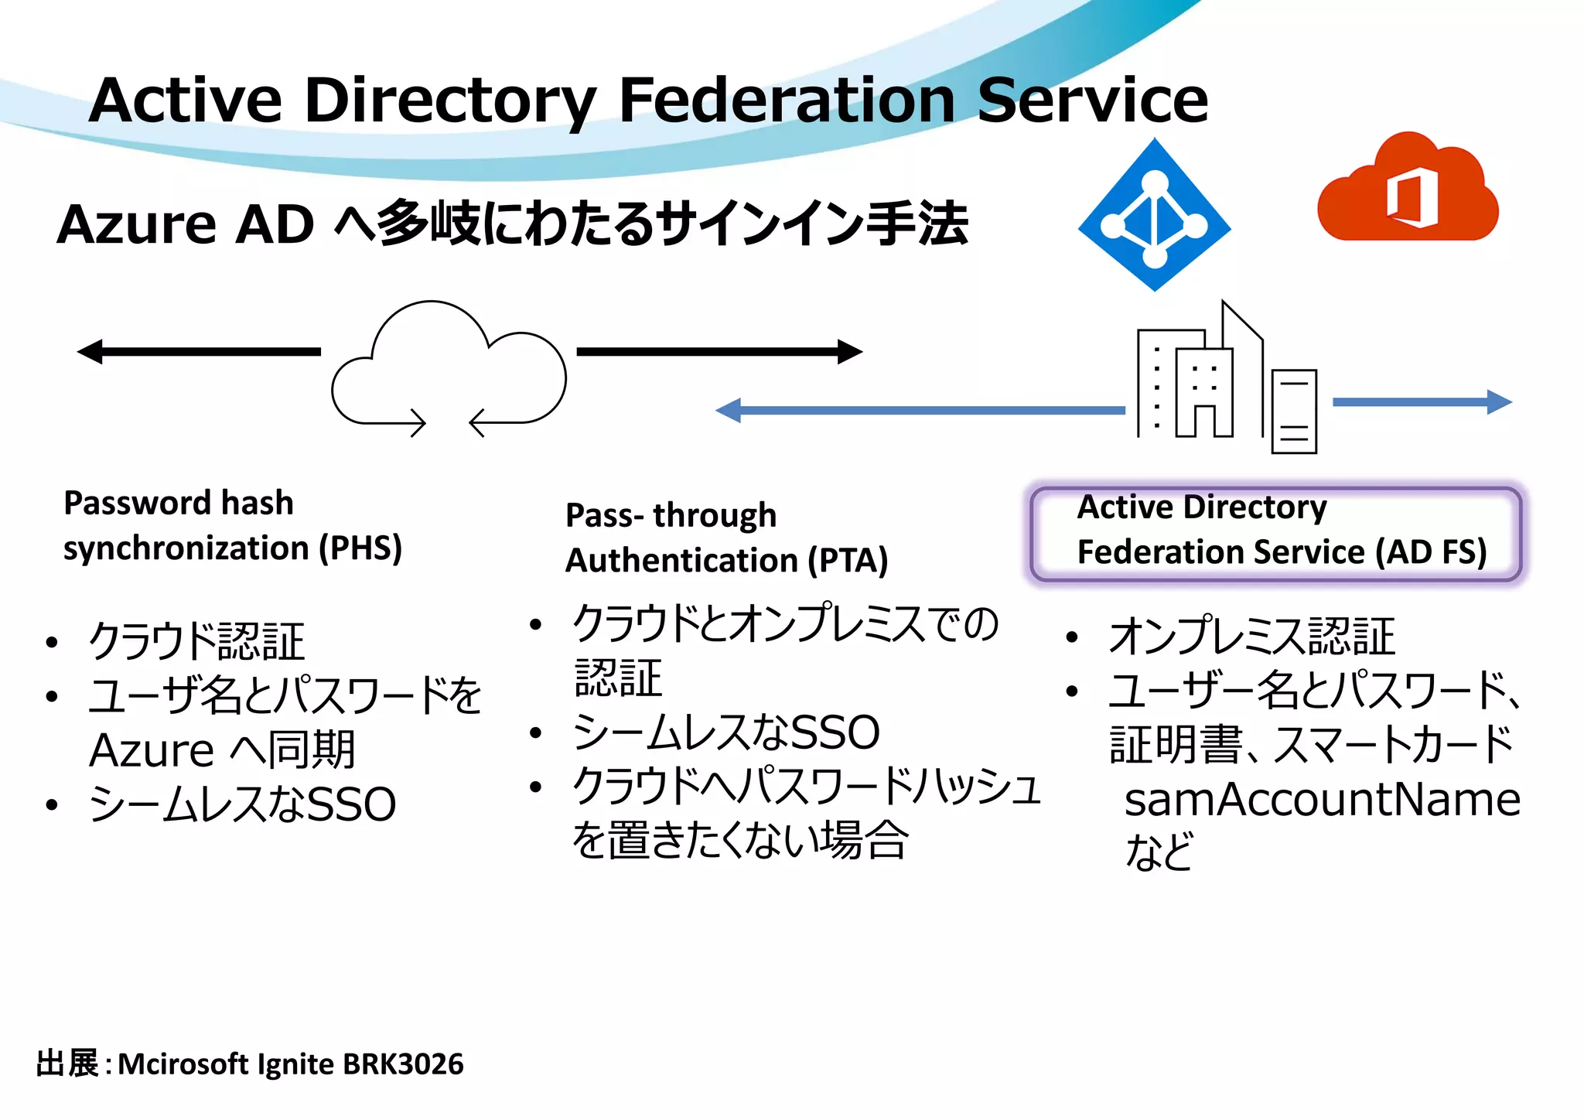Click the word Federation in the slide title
coord(787,101)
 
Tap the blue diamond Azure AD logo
coord(1154,216)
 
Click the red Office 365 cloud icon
coord(1408,192)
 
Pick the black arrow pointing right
coord(719,351)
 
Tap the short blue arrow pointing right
coord(1422,401)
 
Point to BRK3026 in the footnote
coord(403,1064)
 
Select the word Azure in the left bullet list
coord(152,750)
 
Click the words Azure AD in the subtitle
coord(186,224)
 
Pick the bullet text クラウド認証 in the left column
coord(196,641)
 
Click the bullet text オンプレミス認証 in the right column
coord(1251,636)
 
